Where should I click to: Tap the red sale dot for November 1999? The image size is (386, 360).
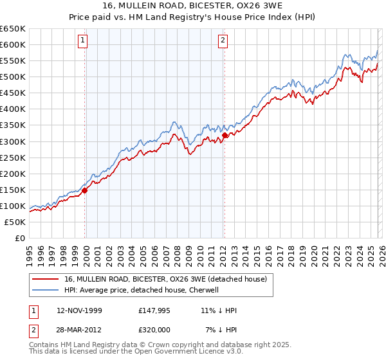[85, 190]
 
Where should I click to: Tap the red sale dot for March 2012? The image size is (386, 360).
[225, 134]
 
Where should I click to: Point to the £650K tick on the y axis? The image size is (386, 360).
[13, 29]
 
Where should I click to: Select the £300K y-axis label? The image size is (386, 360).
[13, 141]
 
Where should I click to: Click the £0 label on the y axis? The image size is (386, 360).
[19, 238]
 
